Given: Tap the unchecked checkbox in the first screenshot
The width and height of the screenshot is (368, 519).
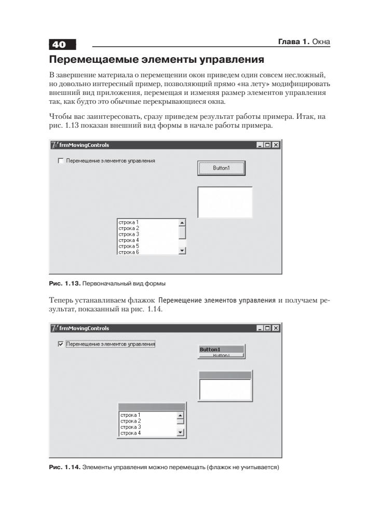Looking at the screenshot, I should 60,161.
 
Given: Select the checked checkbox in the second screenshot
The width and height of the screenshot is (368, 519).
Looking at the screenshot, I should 60,344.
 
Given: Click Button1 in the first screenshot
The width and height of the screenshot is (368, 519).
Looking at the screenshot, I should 221,168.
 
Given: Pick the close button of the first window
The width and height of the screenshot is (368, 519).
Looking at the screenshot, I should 276,145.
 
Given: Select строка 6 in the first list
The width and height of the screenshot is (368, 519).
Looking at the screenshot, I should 128,252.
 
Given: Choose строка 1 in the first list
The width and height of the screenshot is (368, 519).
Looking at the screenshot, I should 128,222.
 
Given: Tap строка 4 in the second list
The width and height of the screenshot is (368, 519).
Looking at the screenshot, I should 129,433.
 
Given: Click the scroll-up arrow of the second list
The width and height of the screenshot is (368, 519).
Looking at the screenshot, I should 181,415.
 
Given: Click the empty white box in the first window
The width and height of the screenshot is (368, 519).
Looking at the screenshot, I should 225,202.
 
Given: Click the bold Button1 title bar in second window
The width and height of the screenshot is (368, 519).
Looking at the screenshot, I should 221,349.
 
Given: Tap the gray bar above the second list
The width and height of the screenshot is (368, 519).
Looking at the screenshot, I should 152,407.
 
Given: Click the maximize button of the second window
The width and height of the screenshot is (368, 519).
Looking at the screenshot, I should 268,328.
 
